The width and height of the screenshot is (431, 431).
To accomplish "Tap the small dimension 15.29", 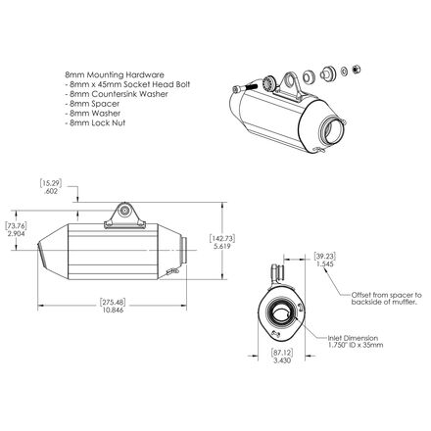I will coord(53,183).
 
